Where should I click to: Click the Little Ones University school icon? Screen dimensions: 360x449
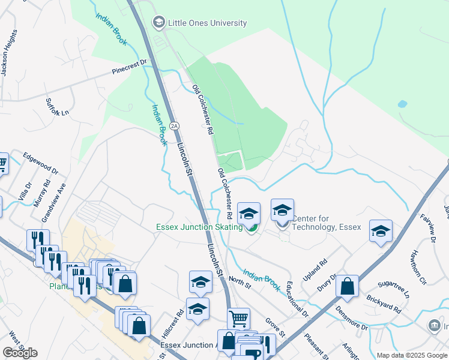click(159, 23)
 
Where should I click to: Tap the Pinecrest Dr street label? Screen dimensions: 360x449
click(129, 67)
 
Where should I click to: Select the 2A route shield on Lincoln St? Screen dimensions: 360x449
click(174, 125)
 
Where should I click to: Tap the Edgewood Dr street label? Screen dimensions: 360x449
click(40, 163)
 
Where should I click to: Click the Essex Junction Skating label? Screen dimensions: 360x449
click(199, 227)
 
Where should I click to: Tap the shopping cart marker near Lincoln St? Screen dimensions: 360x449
click(239, 317)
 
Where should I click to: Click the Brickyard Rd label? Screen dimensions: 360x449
click(385, 305)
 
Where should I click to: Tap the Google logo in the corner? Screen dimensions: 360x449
click(20, 352)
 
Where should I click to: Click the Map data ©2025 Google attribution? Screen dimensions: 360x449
click(412, 355)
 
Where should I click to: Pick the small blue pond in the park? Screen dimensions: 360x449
click(402, 104)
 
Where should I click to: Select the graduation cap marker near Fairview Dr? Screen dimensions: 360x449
click(381, 231)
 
